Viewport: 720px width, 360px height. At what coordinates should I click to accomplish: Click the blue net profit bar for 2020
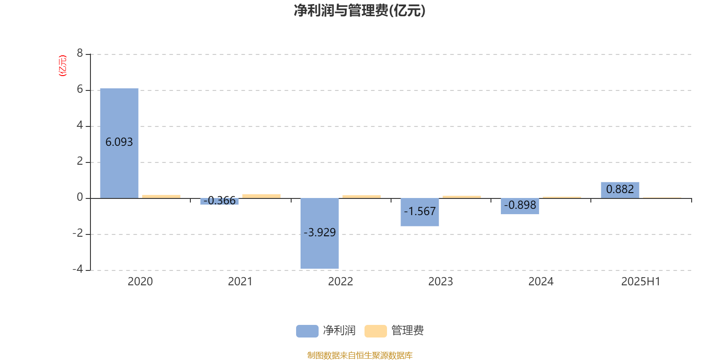(x=119, y=144)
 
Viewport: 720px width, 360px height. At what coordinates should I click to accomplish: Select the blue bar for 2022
(x=319, y=234)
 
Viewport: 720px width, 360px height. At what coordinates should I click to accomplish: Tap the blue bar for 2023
(x=420, y=212)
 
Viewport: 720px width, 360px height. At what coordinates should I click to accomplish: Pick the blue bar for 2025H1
(x=620, y=190)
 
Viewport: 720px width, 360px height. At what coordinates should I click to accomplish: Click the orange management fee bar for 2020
(x=162, y=197)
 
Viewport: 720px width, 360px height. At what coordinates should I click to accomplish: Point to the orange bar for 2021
(x=261, y=196)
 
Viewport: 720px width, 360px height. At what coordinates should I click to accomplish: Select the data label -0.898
(x=520, y=205)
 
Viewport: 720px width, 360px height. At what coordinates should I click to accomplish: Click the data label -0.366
(x=220, y=201)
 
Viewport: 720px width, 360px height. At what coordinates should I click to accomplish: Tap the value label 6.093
(x=119, y=142)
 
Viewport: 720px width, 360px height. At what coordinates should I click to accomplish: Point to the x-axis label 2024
(x=541, y=282)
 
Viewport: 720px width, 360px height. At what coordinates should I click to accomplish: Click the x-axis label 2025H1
(x=641, y=282)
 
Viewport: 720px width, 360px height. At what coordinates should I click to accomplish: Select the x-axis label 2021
(x=240, y=282)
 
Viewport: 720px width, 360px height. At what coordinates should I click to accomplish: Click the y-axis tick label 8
(x=80, y=53)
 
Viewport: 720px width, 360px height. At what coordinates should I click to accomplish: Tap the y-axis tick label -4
(x=78, y=269)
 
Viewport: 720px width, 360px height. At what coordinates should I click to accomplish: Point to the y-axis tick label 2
(x=80, y=161)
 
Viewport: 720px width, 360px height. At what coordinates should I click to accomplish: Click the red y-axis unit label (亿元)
(x=63, y=66)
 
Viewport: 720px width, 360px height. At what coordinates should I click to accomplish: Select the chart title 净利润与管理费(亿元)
(x=360, y=11)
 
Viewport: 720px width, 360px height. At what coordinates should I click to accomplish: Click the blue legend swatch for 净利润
(x=307, y=331)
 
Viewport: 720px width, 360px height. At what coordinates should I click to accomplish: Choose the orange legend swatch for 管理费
(x=375, y=331)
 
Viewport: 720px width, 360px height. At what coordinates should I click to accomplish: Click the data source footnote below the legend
(x=360, y=355)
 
